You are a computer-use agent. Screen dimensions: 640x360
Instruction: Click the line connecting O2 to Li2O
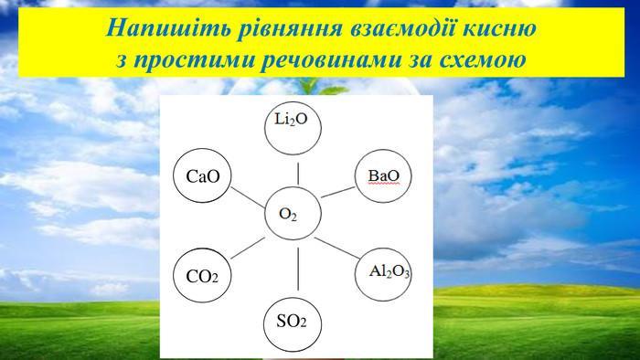tap(298, 174)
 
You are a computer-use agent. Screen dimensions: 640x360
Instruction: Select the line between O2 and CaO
tap(248, 197)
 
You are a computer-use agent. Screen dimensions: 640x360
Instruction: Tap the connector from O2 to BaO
tap(338, 192)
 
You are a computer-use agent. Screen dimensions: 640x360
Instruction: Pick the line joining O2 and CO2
tap(248, 248)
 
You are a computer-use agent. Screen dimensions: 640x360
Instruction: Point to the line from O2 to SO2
tap(298, 269)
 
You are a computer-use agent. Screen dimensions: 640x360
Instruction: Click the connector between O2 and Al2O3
tap(337, 248)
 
